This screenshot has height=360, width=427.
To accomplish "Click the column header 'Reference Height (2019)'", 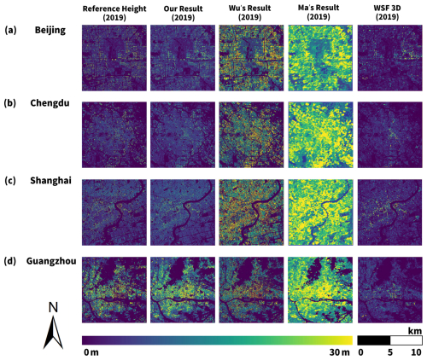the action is pyautogui.click(x=114, y=13).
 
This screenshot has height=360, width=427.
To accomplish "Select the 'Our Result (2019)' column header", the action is pyautogui.click(x=183, y=13).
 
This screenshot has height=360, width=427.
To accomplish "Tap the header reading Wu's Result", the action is pyautogui.click(x=250, y=13).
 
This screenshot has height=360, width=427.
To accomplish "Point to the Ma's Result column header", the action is pyautogui.click(x=319, y=12).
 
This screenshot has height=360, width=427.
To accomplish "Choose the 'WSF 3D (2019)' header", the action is pyautogui.click(x=387, y=13).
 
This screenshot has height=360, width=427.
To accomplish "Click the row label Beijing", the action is pyautogui.click(x=50, y=30).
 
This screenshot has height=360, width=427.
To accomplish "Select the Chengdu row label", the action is pyautogui.click(x=50, y=102).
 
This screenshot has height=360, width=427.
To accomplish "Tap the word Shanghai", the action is pyautogui.click(x=50, y=181).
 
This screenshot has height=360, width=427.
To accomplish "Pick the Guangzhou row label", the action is pyautogui.click(x=51, y=261).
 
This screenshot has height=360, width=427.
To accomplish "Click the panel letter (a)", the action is pyautogui.click(x=10, y=30).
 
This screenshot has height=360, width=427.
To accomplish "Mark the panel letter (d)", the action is pyautogui.click(x=10, y=261).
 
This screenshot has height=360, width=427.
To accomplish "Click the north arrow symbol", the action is pyautogui.click(x=53, y=326).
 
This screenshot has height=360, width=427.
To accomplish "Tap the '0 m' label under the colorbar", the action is pyautogui.click(x=91, y=352).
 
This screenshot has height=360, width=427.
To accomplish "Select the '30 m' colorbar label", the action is pyautogui.click(x=340, y=352).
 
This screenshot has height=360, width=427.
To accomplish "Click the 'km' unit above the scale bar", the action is pyautogui.click(x=415, y=331).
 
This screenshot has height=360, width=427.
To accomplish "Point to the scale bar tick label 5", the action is pyautogui.click(x=390, y=352).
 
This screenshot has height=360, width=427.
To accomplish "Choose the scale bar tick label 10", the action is pyautogui.click(x=416, y=352).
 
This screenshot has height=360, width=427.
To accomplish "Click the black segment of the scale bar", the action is pyautogui.click(x=374, y=340).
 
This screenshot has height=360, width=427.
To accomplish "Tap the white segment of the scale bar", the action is pyautogui.click(x=407, y=340).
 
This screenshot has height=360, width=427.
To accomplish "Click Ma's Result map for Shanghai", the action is pyautogui.click(x=320, y=212).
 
